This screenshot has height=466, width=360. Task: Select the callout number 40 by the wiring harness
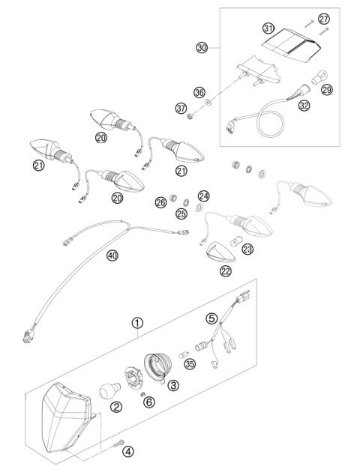[x=111, y=255]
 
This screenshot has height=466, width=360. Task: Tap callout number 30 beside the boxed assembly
[x=201, y=47]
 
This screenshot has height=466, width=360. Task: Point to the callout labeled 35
[x=190, y=365]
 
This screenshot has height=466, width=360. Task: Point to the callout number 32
[x=304, y=106]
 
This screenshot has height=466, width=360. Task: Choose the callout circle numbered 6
[x=148, y=402]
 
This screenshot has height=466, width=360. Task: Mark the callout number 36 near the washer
[x=199, y=92]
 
